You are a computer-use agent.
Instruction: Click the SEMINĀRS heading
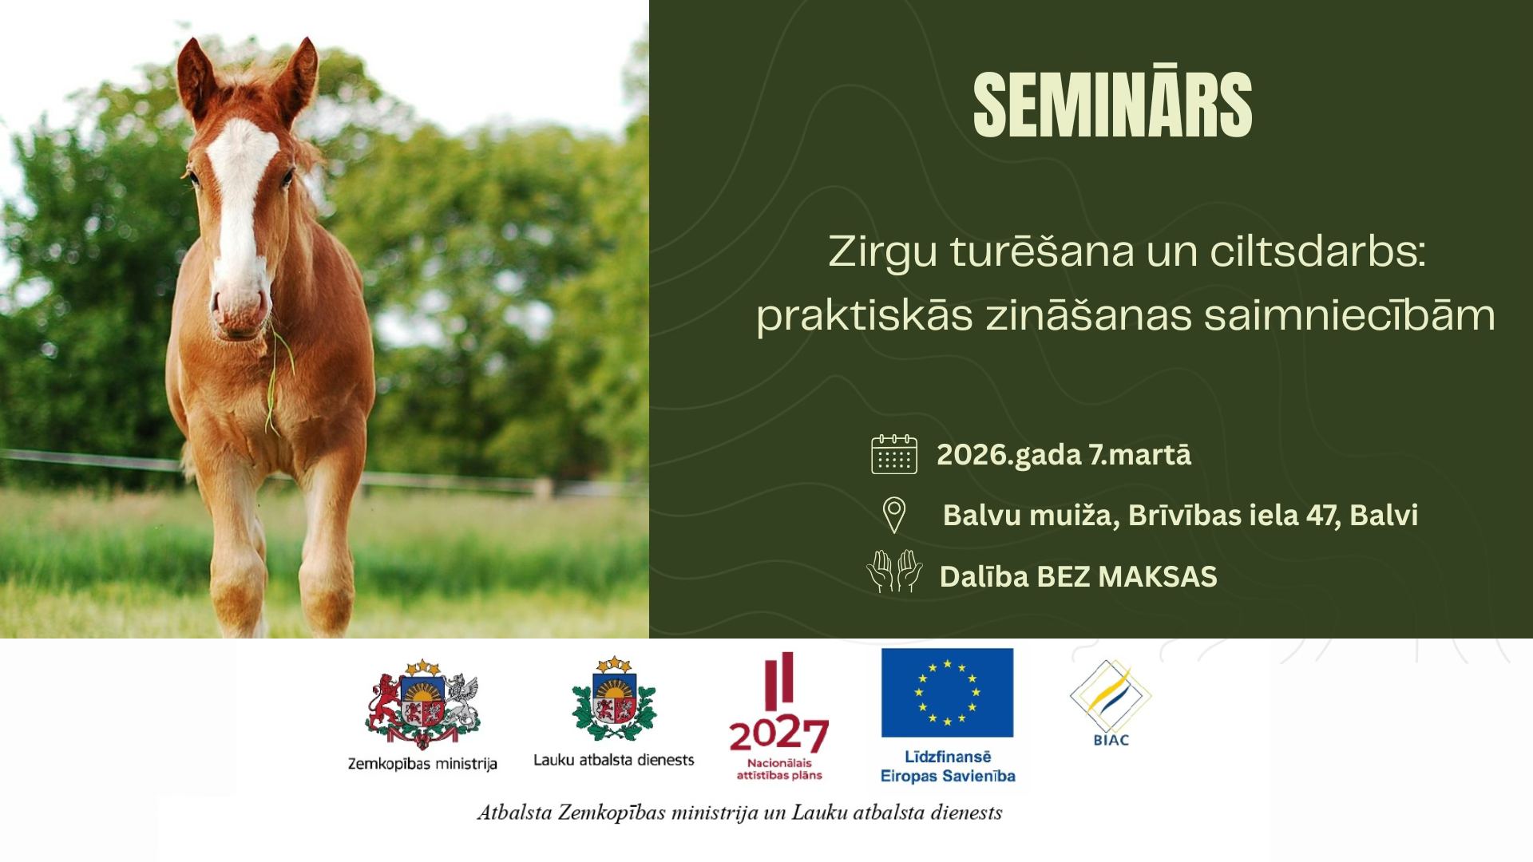[1112, 105]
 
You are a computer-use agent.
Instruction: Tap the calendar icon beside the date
[894, 454]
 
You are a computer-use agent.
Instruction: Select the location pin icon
[894, 515]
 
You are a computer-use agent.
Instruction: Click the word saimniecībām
[1349, 315]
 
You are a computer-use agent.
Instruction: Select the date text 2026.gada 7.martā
[1064, 455]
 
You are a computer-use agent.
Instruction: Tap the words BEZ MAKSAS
[1127, 576]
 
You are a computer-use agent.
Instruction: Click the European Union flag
[947, 692]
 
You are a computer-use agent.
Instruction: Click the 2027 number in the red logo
[778, 735]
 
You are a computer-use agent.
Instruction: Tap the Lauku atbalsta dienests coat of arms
[613, 700]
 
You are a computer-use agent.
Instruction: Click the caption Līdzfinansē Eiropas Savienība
[948, 766]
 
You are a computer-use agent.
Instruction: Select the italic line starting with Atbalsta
[739, 813]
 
